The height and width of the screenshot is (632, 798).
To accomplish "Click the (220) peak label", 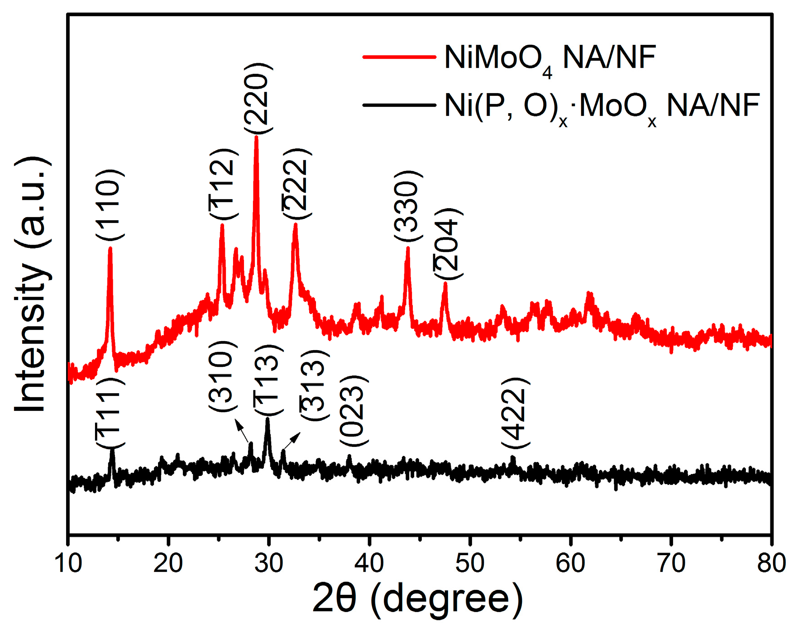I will [258, 98].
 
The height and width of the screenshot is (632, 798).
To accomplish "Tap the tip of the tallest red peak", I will [257, 137].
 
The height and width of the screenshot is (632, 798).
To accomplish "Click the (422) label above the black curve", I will [515, 413].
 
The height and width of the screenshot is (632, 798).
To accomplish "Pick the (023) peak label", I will [353, 410].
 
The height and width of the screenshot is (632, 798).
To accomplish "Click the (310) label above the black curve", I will [222, 376].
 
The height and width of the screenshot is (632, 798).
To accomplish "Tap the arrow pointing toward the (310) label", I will [242, 431].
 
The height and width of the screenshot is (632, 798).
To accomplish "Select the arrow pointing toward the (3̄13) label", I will [292, 440].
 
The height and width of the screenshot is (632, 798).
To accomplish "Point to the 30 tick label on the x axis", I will [268, 563].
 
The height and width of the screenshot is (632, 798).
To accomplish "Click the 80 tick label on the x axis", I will [771, 563].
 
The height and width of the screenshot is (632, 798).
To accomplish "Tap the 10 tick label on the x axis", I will [68, 563].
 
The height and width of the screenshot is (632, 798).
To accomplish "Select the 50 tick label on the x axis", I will [470, 563].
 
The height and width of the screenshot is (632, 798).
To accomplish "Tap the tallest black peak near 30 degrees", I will [268, 420].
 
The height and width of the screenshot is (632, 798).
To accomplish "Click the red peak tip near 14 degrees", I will [110, 248].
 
